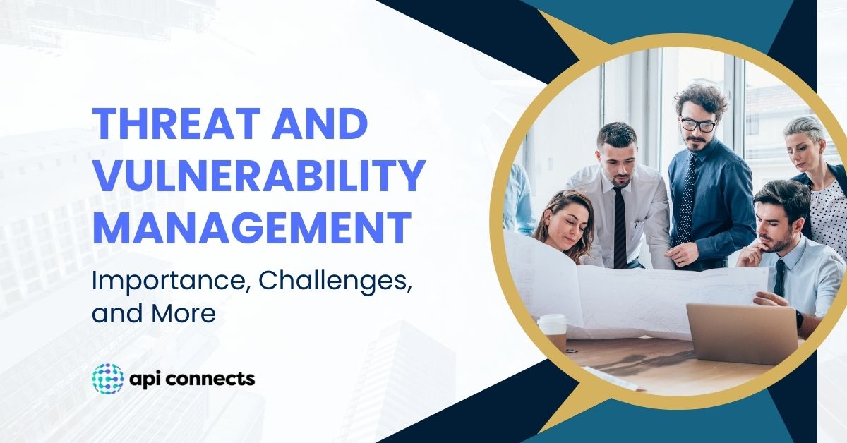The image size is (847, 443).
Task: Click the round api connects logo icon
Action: [108, 379]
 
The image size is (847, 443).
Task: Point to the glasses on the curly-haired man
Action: [698, 125]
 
